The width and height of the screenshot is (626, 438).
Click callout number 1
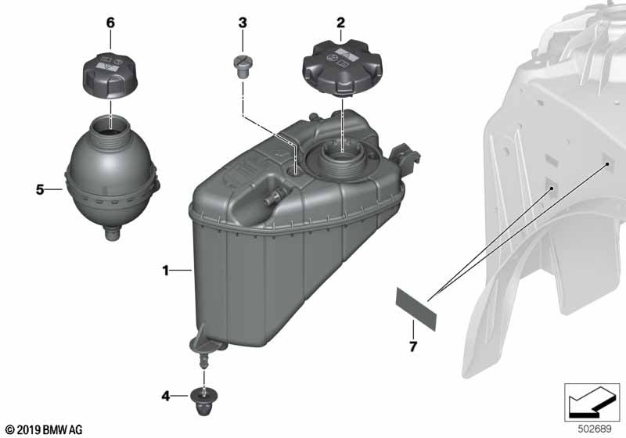pos(166,271)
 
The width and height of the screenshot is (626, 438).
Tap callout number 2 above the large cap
pos(340,23)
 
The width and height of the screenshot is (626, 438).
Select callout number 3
pos(243,23)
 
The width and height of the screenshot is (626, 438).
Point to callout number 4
pos(166,396)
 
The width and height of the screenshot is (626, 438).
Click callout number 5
pos(40,189)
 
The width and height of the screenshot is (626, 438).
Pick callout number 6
pos(110,23)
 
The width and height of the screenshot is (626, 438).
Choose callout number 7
pos(413,346)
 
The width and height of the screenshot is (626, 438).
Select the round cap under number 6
pos(110,74)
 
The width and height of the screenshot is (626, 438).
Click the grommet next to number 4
pos(204,401)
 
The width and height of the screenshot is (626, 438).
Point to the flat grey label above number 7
pos(416,309)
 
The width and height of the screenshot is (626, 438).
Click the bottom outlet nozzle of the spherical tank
pos(113,233)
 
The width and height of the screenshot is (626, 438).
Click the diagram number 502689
pos(595,429)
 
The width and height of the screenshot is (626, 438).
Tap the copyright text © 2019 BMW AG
pos(44,429)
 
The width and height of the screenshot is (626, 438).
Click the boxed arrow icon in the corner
pos(592,403)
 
